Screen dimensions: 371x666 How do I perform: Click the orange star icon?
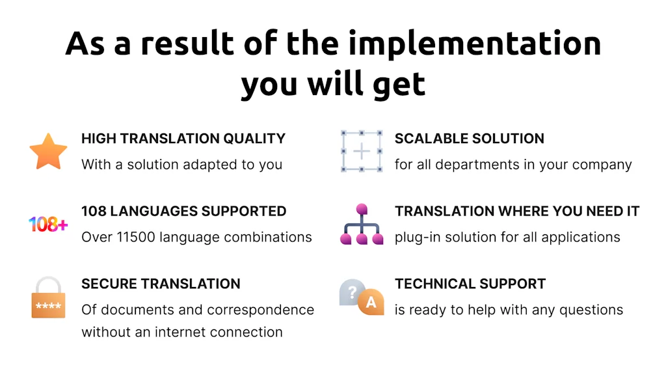[x=48, y=151]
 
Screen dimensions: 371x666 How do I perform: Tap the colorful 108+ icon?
[x=48, y=225]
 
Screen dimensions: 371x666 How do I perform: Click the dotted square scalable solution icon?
[x=362, y=151]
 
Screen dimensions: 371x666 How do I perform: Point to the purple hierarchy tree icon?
[x=362, y=225]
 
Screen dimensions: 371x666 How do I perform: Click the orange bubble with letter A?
[x=371, y=302]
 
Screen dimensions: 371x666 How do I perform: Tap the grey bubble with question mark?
[x=351, y=293]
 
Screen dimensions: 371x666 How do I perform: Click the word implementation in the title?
[x=475, y=44]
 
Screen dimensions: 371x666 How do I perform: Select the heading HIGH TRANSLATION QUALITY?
[x=183, y=139]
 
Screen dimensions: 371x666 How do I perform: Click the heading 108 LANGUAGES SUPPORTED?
[x=183, y=212]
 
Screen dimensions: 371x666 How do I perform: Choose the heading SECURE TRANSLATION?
[x=161, y=284]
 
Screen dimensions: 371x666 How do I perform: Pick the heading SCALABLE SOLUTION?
[x=469, y=139]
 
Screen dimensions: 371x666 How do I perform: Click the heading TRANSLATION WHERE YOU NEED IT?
[x=516, y=212]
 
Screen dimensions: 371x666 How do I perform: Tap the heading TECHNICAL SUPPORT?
[x=470, y=284]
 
